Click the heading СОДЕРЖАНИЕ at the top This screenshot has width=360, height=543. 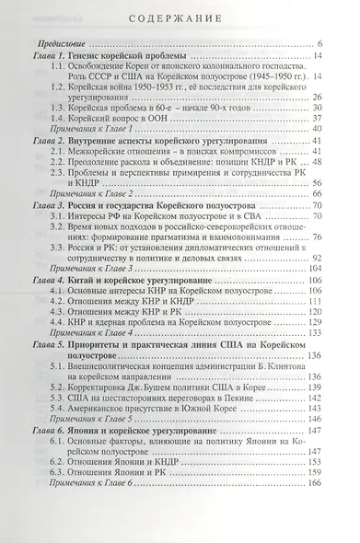coord(180,16)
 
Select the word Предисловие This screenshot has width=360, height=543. coord(59,44)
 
